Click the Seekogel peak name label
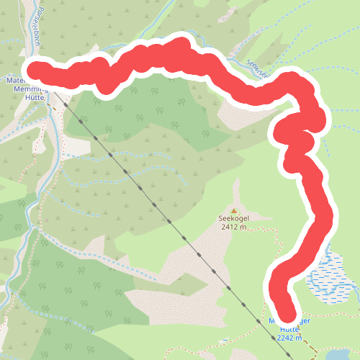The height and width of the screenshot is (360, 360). pyautogui.click(x=234, y=217)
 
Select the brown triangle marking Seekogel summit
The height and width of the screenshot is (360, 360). pyautogui.click(x=234, y=208)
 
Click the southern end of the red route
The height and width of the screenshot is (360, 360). pyautogui.click(x=287, y=312)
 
